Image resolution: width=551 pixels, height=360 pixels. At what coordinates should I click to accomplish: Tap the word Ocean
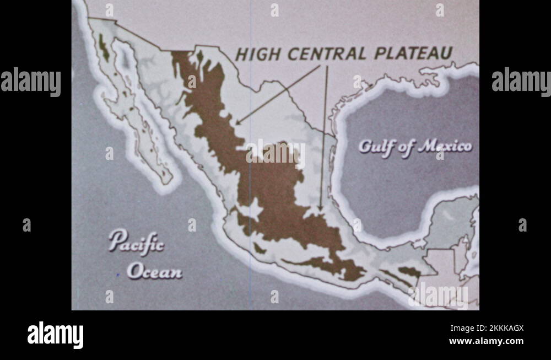(154, 271)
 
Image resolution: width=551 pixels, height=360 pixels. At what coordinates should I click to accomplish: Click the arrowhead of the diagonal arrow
(237, 123)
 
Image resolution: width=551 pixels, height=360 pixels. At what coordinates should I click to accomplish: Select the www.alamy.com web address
(486, 341)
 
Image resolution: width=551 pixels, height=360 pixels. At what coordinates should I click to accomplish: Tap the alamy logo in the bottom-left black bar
(56, 335)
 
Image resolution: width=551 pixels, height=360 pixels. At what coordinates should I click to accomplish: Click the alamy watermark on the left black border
(30, 82)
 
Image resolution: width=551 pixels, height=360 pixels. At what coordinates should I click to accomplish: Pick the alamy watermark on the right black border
(521, 82)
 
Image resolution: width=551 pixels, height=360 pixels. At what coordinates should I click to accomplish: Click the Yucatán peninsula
(449, 221)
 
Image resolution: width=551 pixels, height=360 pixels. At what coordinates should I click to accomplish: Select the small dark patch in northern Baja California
(103, 48)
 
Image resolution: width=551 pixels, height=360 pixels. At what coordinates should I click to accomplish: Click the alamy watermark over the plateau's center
(275, 154)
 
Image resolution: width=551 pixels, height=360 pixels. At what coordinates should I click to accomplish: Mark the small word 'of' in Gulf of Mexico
(407, 148)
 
